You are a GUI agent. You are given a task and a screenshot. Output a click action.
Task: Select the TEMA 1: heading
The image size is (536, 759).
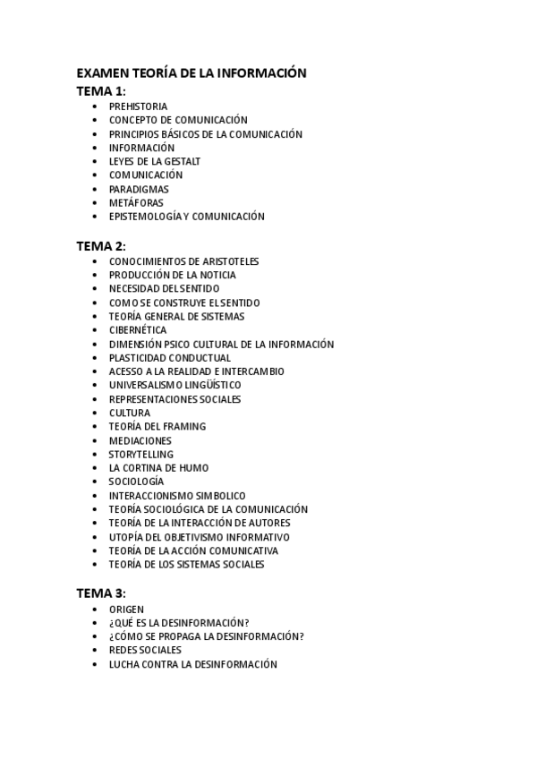(x=101, y=90)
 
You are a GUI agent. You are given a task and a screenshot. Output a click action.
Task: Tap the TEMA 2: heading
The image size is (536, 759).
(x=101, y=245)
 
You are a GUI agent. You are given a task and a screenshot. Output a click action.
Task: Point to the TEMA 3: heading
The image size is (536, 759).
(x=101, y=593)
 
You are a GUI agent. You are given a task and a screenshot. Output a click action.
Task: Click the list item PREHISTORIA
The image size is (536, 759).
(x=138, y=107)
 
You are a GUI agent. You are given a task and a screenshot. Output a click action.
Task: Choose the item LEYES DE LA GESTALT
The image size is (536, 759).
(x=155, y=161)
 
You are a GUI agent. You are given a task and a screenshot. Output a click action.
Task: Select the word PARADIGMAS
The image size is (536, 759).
(x=139, y=189)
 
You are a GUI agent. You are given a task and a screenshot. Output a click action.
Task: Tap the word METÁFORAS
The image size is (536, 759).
(x=136, y=202)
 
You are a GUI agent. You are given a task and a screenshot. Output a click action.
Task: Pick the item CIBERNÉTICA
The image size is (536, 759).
(x=138, y=330)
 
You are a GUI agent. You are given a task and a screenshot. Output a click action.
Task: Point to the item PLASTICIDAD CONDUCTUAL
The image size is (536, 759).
(x=170, y=358)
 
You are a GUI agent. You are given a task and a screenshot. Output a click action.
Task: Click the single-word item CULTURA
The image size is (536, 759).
(x=130, y=413)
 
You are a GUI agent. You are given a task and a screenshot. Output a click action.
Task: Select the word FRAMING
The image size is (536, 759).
(x=184, y=427)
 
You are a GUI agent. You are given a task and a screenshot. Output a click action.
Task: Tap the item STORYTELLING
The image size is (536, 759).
(x=141, y=455)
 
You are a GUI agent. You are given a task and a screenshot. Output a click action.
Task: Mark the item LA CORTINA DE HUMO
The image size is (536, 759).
(x=158, y=468)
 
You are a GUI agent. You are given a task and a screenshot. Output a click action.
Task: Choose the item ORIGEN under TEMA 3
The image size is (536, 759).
(x=126, y=610)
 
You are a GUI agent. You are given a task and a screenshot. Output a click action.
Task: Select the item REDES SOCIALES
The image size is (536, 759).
(x=145, y=651)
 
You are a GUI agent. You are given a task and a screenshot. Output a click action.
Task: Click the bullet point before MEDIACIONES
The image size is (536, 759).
(x=95, y=440)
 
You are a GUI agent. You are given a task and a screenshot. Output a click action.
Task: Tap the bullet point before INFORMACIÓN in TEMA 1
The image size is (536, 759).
(x=95, y=148)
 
